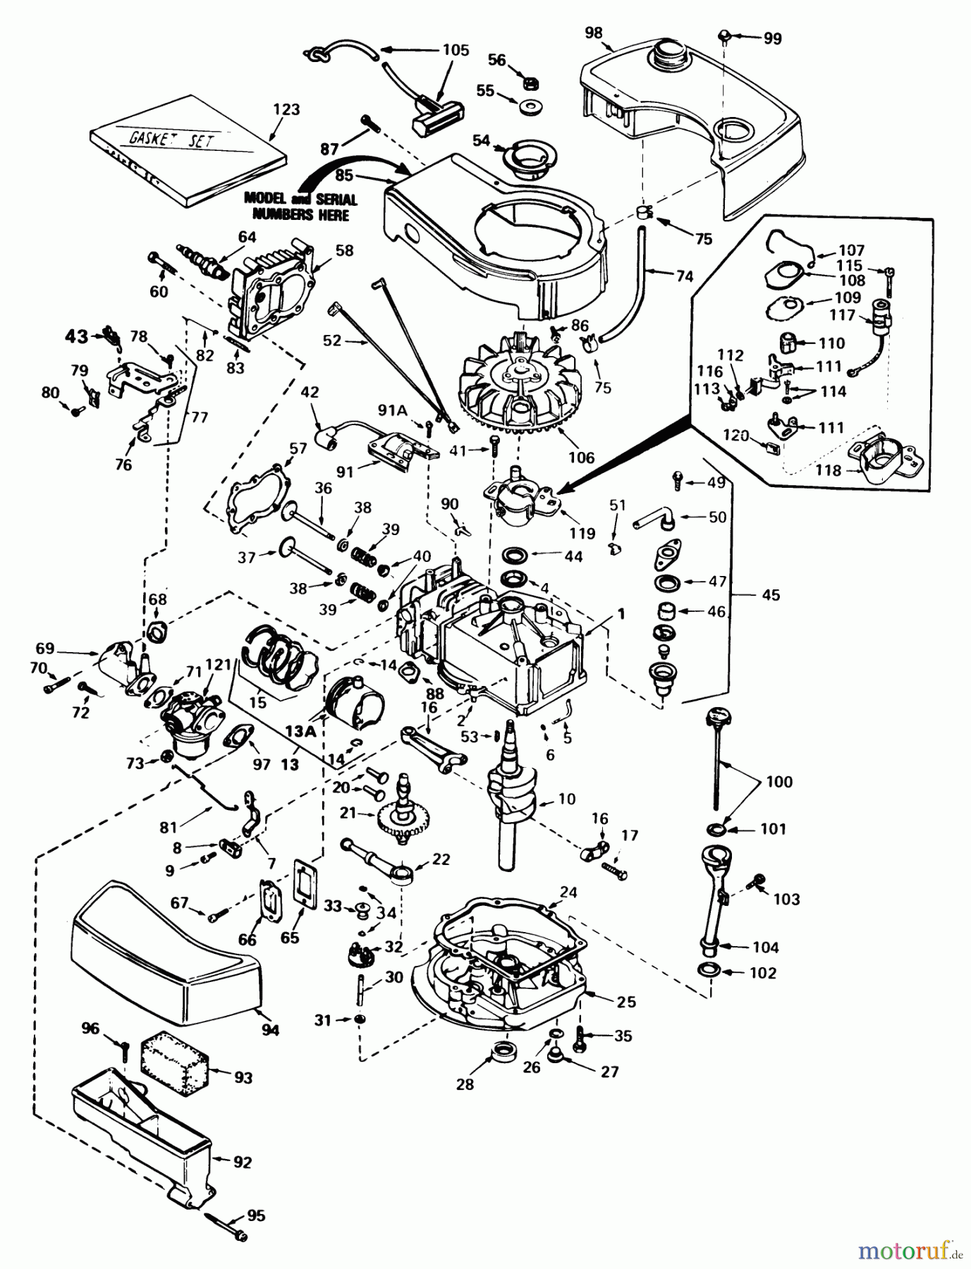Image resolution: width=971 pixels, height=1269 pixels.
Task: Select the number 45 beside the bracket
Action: tap(771, 595)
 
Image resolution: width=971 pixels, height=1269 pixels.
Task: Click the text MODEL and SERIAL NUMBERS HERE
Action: tap(300, 207)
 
